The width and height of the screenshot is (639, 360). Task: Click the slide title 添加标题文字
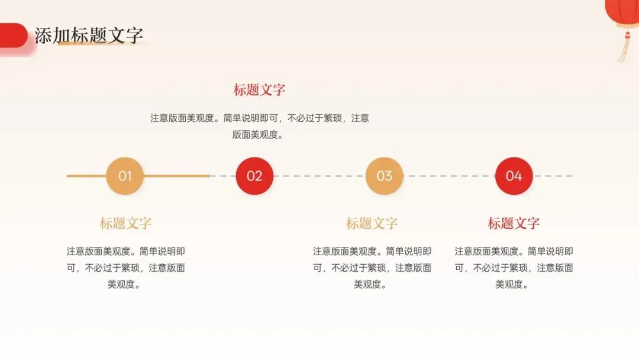point(89,36)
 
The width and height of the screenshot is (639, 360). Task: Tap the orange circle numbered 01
point(125,176)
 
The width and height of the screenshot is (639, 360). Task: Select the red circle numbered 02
point(254,176)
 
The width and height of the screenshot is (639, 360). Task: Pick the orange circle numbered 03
point(384,176)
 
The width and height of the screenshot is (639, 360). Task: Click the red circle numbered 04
point(514,176)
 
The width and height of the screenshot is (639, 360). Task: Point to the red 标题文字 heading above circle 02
point(259,90)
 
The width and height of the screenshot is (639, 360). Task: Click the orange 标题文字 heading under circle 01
point(125,223)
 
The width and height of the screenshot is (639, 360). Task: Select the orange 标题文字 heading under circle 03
point(372,223)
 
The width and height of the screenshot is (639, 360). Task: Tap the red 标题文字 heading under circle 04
point(514,223)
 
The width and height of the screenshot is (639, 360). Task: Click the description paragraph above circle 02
point(259,126)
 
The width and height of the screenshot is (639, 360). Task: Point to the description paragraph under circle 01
point(125,268)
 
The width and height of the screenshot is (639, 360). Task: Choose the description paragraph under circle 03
point(372,268)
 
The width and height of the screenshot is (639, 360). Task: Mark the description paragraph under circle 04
point(514,268)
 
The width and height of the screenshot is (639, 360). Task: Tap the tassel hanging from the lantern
point(624,47)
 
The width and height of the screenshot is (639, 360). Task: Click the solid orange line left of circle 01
point(86,176)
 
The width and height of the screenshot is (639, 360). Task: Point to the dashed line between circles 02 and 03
point(319,176)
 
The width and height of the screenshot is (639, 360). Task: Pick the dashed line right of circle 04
point(553,176)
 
